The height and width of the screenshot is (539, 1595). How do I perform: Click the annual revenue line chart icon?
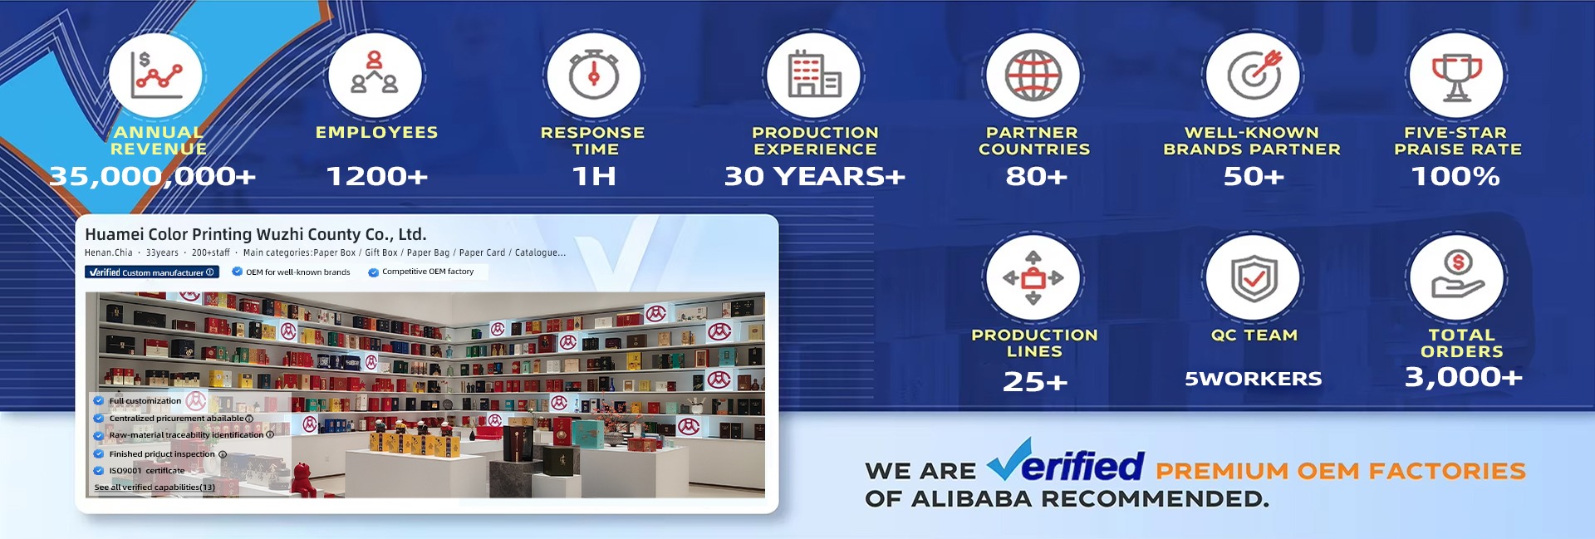click(155, 75)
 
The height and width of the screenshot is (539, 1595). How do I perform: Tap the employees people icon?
click(375, 72)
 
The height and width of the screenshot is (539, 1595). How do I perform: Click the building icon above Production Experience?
click(814, 75)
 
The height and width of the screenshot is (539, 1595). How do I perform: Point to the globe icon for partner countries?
click(1033, 75)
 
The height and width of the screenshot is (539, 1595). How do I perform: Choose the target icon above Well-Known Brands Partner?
click(1255, 73)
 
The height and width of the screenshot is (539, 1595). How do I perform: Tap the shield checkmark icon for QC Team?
click(1254, 278)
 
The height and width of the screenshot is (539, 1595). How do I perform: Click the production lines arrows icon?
click(1033, 278)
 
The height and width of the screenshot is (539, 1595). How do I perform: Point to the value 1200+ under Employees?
click(377, 176)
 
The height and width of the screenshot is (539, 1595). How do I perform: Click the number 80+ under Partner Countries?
click(1036, 176)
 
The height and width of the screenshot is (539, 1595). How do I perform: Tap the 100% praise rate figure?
click(1455, 176)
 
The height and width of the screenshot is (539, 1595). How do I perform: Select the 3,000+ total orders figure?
click(1463, 377)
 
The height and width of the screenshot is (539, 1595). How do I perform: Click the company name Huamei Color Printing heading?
click(256, 234)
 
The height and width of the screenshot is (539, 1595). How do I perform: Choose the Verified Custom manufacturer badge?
click(152, 272)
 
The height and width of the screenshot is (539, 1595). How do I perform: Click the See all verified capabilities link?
click(155, 488)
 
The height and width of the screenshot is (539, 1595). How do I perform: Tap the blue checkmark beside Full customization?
click(99, 400)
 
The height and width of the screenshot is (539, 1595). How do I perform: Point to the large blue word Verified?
click(1066, 462)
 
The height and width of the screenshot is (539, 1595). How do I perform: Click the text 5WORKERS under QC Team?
click(1253, 379)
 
